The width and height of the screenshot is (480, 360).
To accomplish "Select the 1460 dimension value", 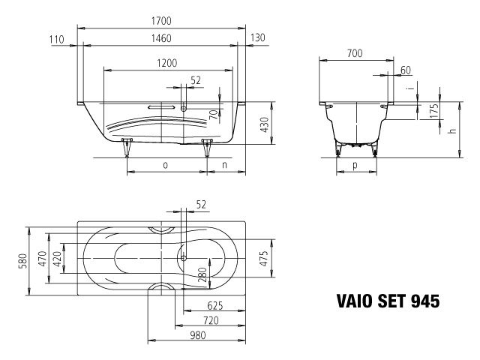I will coord(163,38).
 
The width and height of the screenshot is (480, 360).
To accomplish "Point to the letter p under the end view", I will coord(355,166).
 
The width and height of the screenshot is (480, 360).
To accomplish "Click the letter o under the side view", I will coord(164,165).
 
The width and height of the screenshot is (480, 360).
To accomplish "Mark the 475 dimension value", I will coord(264,259).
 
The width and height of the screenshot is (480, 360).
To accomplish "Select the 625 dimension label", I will coord(215,306).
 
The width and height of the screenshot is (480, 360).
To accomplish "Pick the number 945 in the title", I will coord(424,301).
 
